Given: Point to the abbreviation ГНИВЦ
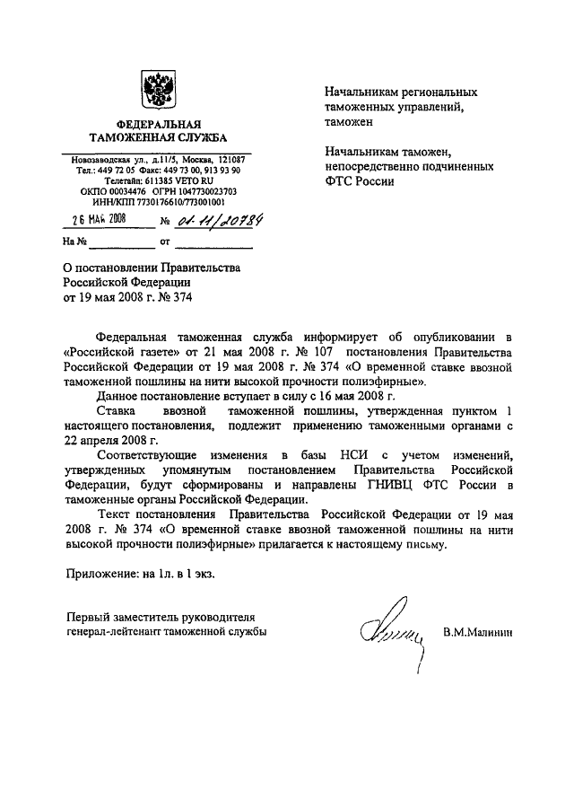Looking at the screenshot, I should (x=385, y=486).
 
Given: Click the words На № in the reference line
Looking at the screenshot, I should (x=74, y=242).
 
